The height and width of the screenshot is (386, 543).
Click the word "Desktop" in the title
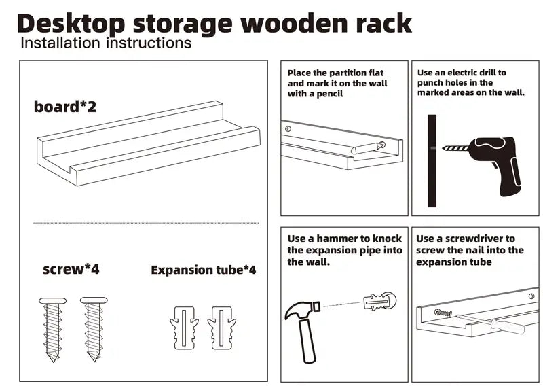(x=71, y=24)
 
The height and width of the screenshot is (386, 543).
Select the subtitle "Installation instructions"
(x=106, y=43)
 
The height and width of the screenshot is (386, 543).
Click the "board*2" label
(x=64, y=107)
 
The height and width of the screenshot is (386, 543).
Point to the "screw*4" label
(x=71, y=269)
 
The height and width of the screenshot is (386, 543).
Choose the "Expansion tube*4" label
(x=203, y=270)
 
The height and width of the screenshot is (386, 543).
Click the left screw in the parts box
(x=53, y=330)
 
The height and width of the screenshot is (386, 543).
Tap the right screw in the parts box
(x=94, y=330)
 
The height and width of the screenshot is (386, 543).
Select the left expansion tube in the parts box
(x=184, y=328)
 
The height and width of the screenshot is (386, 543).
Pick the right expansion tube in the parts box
(x=222, y=328)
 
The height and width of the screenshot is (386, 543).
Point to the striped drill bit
(x=455, y=148)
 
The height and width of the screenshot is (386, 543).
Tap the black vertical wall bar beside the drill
(x=432, y=160)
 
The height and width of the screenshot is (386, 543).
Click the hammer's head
(x=301, y=310)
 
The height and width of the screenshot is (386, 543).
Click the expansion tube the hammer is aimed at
(x=380, y=301)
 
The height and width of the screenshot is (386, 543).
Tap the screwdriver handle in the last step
(x=508, y=326)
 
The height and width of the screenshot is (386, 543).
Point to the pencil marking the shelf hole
(x=368, y=148)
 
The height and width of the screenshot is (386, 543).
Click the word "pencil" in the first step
(x=329, y=94)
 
